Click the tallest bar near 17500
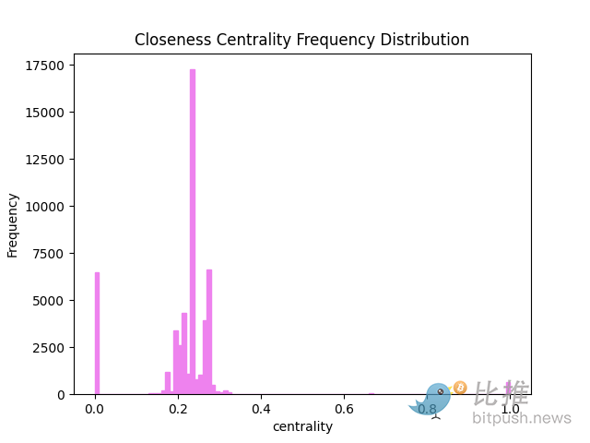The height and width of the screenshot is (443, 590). coord(193,231)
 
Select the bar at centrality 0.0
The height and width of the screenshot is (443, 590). coord(97,332)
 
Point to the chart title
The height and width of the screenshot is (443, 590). coord(301,40)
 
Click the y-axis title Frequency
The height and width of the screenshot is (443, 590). coord(13,224)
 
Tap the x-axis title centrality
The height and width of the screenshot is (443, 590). coord(302,426)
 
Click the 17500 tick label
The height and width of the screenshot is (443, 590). coord(45,66)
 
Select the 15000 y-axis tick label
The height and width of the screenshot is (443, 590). coord(45,113)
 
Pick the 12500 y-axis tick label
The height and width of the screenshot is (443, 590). coord(45,160)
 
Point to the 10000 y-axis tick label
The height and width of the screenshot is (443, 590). coord(45,207)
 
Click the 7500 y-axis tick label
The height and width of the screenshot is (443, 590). coord(49,254)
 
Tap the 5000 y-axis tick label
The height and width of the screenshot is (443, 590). coord(49,301)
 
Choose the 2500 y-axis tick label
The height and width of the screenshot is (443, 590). coord(49,348)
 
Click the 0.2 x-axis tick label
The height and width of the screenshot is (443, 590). coord(178,409)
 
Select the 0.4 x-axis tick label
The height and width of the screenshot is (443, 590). coord(261,409)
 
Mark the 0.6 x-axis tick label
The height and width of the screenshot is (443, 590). coord(344,409)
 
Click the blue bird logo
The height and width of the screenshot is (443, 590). coord(433,400)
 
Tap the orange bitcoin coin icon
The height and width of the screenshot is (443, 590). coord(460,388)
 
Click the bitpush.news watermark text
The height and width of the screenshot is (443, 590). coord(522,419)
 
